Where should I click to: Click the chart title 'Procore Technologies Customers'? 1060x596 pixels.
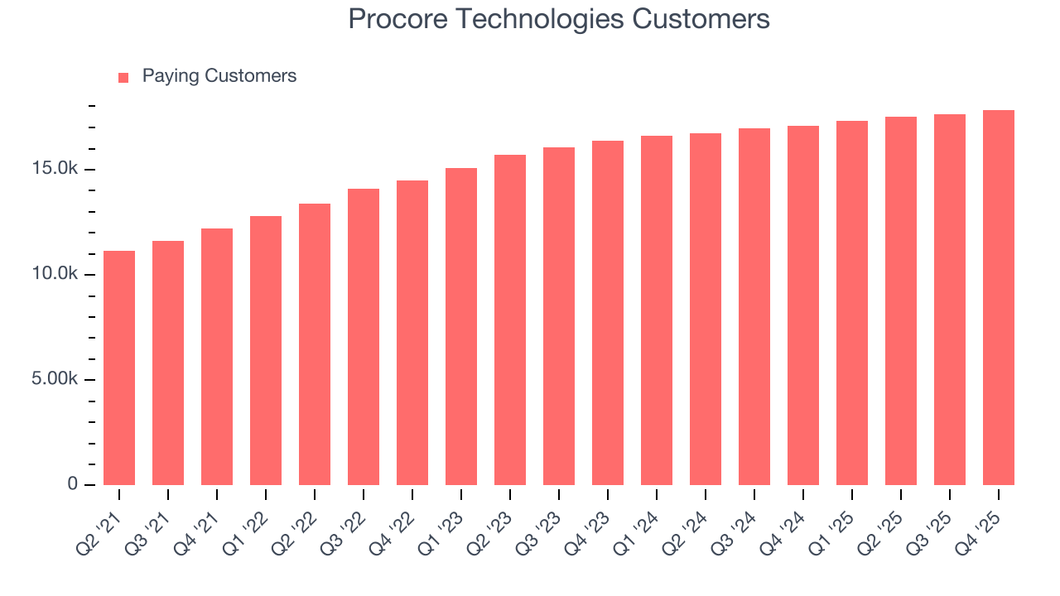click(x=559, y=19)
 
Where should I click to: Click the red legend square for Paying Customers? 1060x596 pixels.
click(x=123, y=77)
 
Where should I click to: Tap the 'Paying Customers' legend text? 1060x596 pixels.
click(x=219, y=76)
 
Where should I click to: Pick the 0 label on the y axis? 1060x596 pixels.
click(x=72, y=484)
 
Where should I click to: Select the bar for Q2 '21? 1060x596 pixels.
click(x=119, y=368)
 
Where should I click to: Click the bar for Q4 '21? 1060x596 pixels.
click(x=217, y=357)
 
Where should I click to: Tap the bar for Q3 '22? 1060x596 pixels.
click(x=364, y=337)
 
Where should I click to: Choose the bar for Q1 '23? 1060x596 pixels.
click(x=461, y=326)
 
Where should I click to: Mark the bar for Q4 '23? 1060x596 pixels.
click(x=608, y=313)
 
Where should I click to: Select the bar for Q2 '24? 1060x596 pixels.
click(x=706, y=309)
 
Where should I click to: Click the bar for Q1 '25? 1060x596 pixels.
click(x=852, y=303)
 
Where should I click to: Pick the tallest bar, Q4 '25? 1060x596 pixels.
click(x=999, y=297)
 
